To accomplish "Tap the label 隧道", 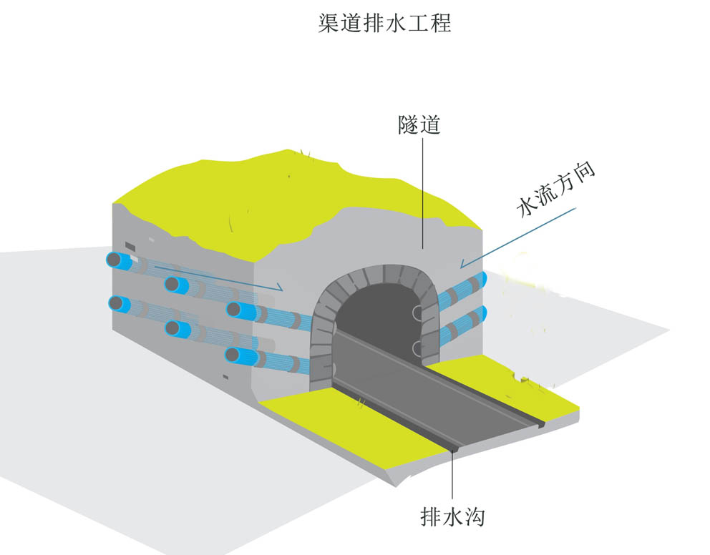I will coord(419,126).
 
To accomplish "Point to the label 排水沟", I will coord(452,515).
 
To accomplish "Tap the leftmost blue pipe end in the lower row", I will coord(117,304).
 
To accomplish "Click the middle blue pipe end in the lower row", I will coord(175,330).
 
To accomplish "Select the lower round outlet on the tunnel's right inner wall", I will coord(417,348).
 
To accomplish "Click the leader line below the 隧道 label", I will coord(422,193).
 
